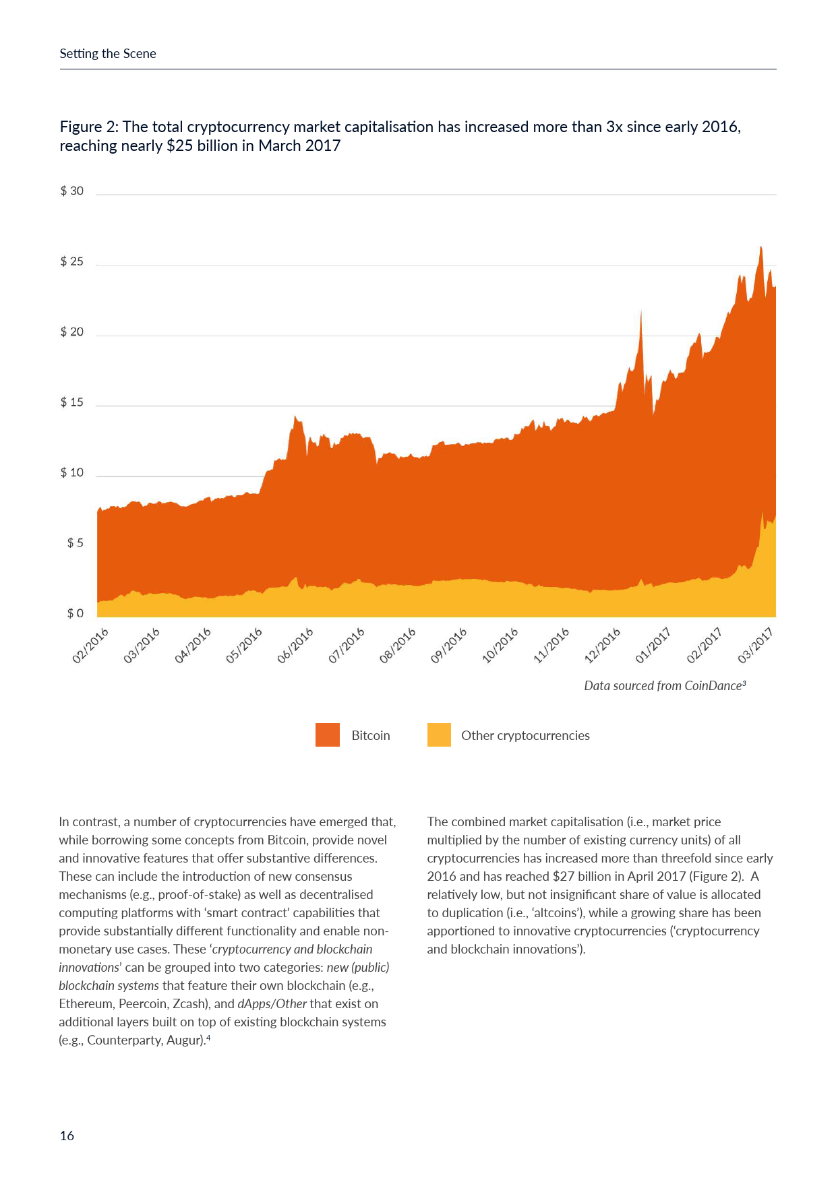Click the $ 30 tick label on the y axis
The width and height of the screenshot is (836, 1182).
click(72, 191)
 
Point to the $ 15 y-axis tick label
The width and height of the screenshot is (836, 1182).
click(72, 403)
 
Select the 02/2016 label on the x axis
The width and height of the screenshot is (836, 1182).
click(90, 646)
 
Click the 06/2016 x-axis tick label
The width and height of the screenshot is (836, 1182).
click(295, 646)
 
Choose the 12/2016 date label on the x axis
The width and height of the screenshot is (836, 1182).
click(602, 646)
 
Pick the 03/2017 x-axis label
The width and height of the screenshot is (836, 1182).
click(756, 646)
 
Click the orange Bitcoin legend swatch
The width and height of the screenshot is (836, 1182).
click(328, 735)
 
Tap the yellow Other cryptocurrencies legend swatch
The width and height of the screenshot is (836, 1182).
click(439, 735)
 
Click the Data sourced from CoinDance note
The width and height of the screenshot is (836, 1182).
click(665, 686)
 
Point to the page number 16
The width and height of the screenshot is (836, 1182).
click(67, 1136)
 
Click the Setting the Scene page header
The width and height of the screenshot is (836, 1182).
click(108, 54)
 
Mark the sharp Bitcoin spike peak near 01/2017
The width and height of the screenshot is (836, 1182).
click(640, 312)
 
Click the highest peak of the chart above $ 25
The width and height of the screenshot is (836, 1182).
click(760, 247)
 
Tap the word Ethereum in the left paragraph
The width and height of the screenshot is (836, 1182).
click(87, 1004)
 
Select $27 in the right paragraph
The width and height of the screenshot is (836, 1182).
click(563, 877)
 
